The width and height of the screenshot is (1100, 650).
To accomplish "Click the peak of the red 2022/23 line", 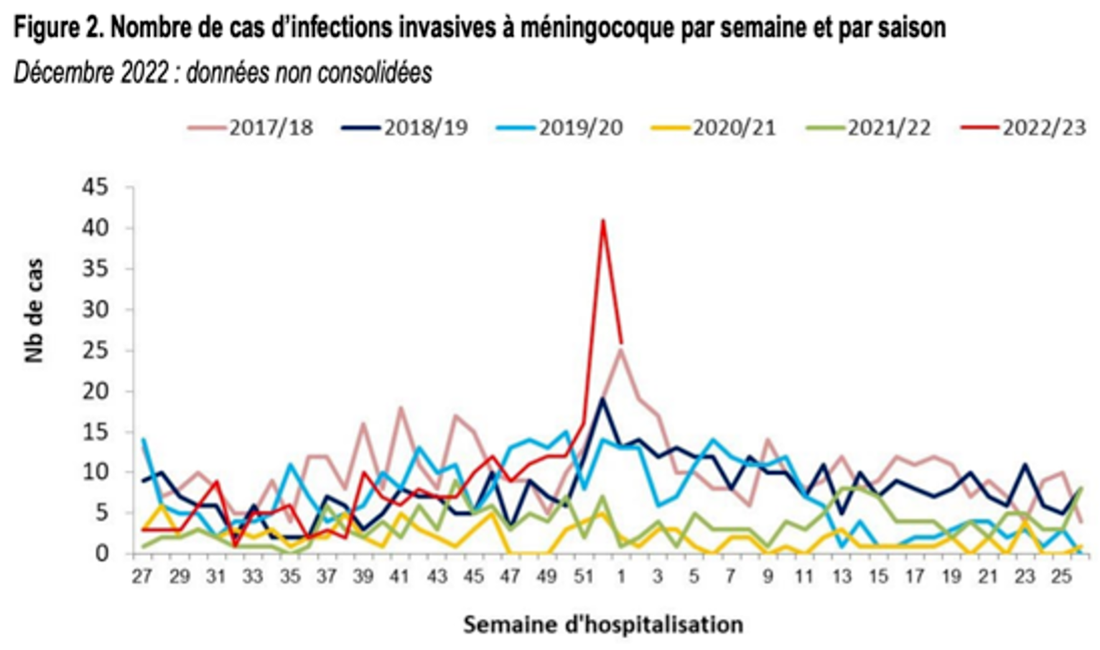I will pyautogui.click(x=603, y=220).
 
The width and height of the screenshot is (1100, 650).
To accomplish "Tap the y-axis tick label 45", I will pyautogui.click(x=95, y=188).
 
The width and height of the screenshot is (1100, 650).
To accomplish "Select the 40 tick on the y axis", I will pyautogui.click(x=95, y=229).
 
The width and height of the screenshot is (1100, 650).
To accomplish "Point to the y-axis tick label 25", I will pyautogui.click(x=95, y=351).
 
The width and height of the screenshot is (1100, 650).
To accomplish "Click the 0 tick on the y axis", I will pyautogui.click(x=102, y=554).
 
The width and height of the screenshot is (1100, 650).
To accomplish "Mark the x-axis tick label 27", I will pyautogui.click(x=142, y=577).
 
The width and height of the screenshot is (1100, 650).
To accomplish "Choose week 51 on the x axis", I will pyautogui.click(x=584, y=577).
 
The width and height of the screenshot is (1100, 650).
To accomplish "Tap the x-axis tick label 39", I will pyautogui.click(x=363, y=577).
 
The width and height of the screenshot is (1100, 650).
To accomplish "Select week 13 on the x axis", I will pyautogui.click(x=842, y=577).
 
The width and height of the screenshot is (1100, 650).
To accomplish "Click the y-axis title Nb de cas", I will pyautogui.click(x=34, y=311).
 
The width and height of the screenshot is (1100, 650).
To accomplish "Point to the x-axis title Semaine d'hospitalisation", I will pyautogui.click(x=602, y=624).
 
